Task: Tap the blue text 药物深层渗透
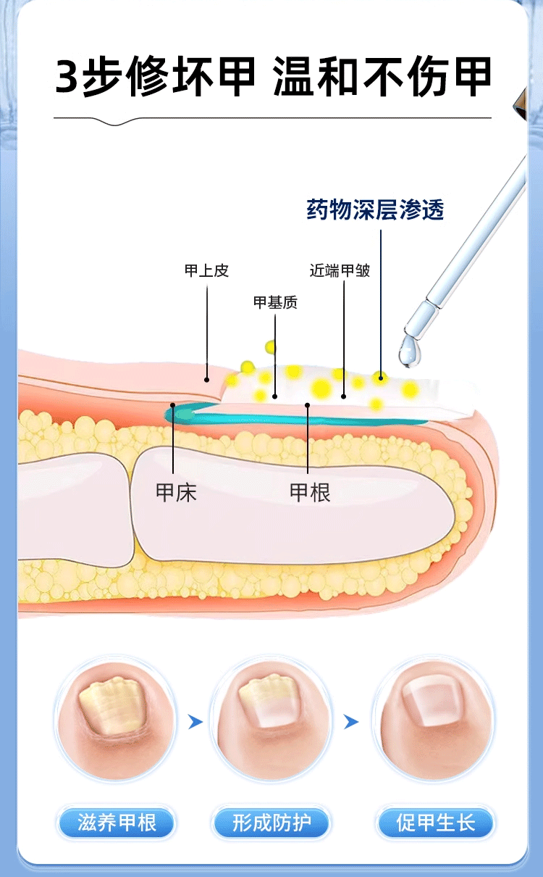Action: [374, 210]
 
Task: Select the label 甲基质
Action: [275, 302]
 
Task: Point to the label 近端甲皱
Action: [340, 271]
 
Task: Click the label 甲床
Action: [176, 493]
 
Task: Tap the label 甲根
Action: [310, 493]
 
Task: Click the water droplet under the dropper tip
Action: [410, 353]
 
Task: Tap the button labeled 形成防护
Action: [271, 823]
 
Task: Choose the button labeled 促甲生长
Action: [435, 823]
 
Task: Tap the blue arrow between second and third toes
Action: [351, 722]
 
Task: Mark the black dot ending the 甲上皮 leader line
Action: [207, 378]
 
